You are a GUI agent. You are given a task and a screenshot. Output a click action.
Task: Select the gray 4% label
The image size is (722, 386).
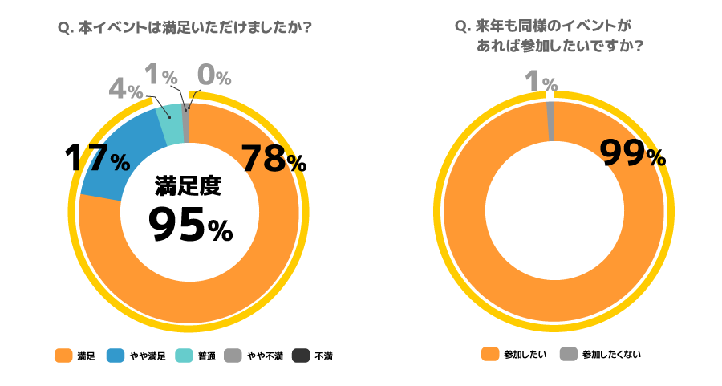pyautogui.click(x=125, y=89)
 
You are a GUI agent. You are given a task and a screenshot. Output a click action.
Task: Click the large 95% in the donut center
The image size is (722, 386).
pyautogui.click(x=191, y=227)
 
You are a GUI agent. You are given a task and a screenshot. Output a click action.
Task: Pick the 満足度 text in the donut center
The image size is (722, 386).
pyautogui.click(x=188, y=187)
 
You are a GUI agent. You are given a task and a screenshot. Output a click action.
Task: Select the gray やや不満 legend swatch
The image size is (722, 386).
pyautogui.click(x=233, y=356)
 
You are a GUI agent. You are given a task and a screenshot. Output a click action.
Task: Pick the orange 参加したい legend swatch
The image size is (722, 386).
pyautogui.click(x=489, y=354)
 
